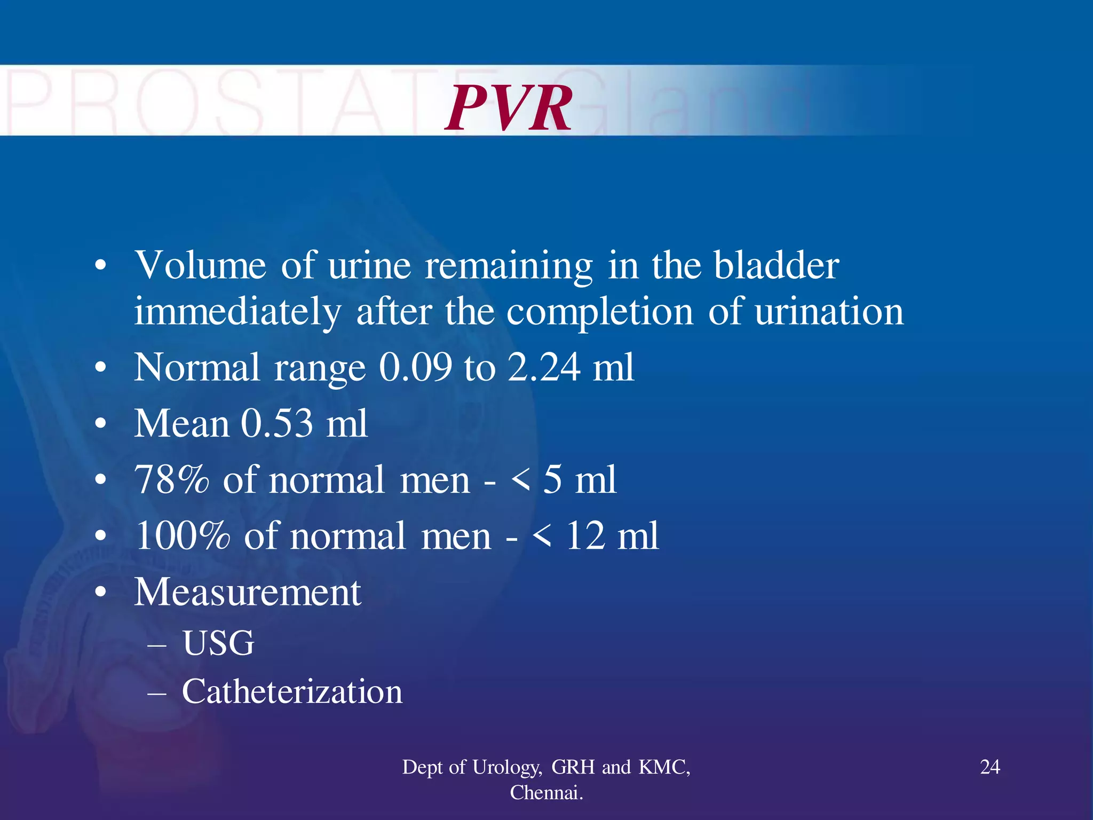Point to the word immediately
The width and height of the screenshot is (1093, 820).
pos(237,312)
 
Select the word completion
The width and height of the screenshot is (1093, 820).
pos(600,312)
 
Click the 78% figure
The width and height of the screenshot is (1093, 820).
pos(171,479)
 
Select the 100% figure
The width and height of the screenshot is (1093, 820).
pos(183,535)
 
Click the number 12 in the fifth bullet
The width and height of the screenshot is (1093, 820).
pos(585,535)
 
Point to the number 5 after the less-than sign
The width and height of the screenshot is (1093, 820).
pos(552,479)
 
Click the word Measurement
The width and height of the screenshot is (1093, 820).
pos(248,592)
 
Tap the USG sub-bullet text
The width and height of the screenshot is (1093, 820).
pos(218,643)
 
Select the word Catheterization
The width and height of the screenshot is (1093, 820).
pos(292,692)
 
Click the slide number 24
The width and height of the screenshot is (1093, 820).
pos(990,767)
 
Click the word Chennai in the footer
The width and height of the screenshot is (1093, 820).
pos(545,793)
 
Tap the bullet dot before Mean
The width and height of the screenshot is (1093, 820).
pos(100,424)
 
